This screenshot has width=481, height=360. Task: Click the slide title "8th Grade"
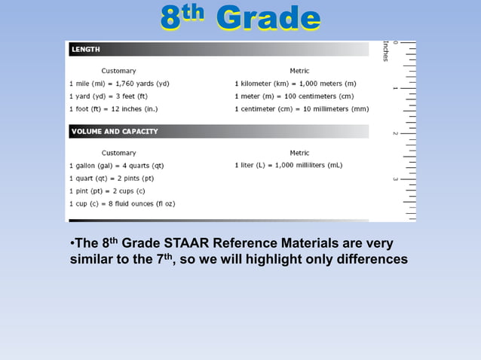point(240,18)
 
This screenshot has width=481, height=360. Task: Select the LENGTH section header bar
point(219,49)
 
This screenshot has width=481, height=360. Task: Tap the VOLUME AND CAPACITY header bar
point(219,131)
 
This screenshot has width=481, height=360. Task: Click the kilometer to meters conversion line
point(296,84)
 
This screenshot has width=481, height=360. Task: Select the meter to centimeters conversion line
point(294,96)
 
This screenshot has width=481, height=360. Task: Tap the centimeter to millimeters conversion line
point(302,108)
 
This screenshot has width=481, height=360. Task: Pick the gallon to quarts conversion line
point(116,166)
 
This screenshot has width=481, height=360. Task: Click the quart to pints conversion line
point(112,178)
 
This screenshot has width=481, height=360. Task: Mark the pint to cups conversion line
point(107,191)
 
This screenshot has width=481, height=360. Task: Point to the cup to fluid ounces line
point(122,203)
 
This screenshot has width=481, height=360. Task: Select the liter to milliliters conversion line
point(289,166)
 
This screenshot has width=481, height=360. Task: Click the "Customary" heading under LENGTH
point(119,71)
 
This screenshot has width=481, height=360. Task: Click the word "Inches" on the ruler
point(385,51)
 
